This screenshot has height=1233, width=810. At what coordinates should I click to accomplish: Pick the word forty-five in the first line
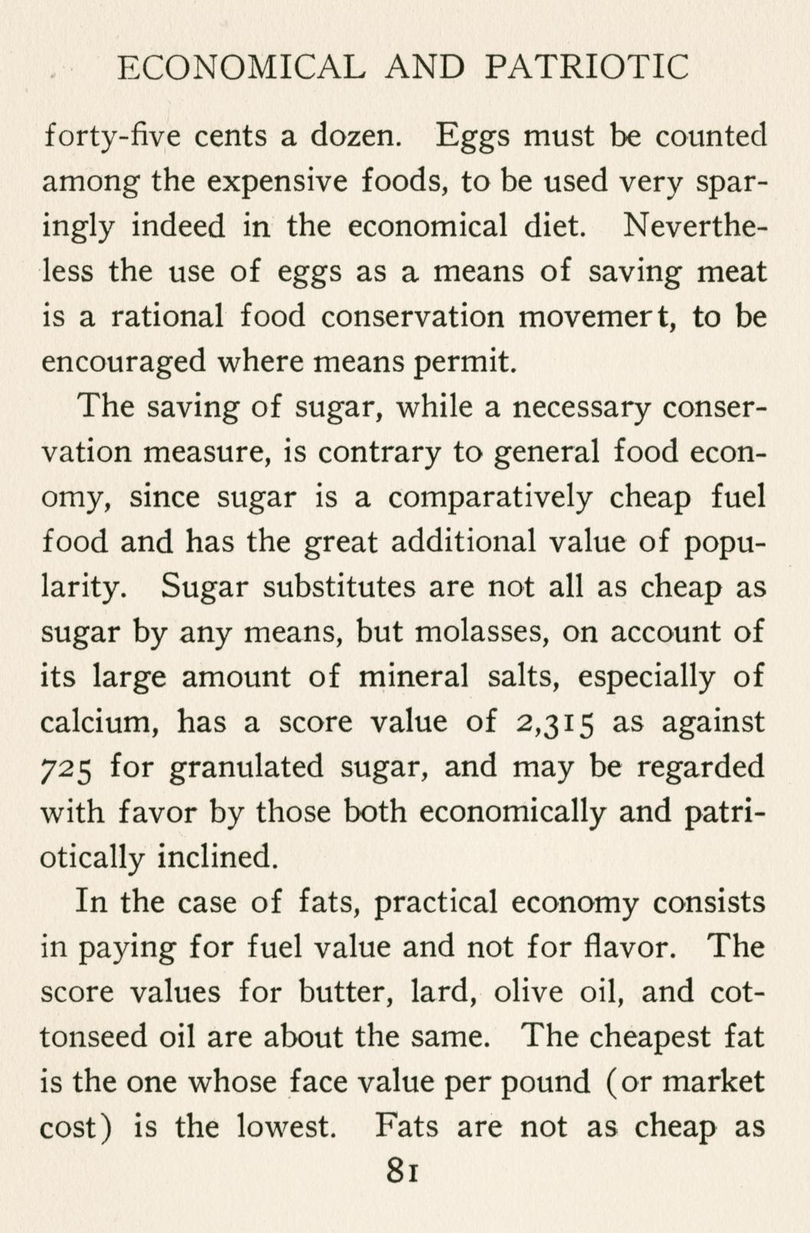(113, 136)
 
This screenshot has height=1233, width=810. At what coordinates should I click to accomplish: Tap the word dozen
(354, 136)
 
